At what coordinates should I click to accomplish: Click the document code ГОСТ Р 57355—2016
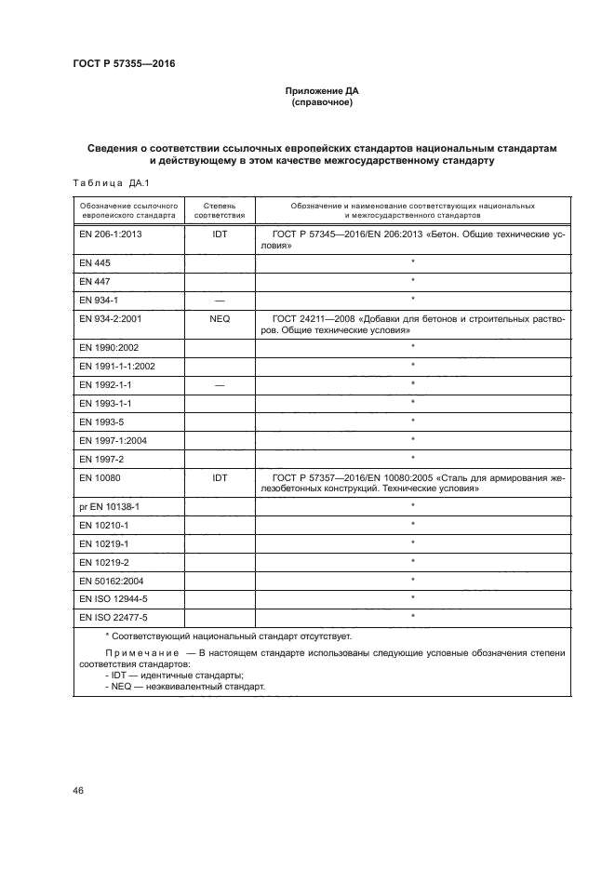click(123, 64)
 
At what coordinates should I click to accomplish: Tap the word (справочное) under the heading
click(321, 103)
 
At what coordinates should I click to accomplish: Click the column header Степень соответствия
click(220, 207)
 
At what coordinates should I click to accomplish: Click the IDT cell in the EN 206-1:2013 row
click(220, 235)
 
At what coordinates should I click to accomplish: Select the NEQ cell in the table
click(220, 317)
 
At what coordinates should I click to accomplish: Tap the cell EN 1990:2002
click(107, 346)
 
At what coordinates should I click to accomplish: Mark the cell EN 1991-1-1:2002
click(117, 366)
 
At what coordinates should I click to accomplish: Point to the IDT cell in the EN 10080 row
click(220, 476)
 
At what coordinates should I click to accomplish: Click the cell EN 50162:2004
click(111, 579)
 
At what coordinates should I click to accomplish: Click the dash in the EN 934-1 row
click(220, 300)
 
